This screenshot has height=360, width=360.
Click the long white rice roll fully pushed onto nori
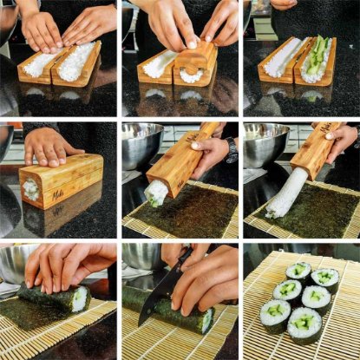click(285, 194)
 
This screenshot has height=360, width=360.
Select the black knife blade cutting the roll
click(157, 296)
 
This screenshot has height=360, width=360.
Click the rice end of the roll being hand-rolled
click(80, 299)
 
